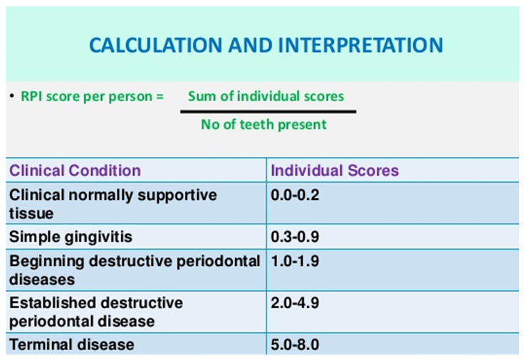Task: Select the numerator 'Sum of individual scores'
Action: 266,96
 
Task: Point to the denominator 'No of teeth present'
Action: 263,125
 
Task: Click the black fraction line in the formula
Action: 268,111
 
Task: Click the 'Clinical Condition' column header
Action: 75,171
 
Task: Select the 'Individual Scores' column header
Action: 335,171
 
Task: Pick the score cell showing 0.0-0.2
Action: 295,194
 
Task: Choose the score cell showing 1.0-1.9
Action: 295,261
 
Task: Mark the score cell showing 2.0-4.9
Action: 295,302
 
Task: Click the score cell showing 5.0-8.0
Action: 295,344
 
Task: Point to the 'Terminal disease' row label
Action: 71,344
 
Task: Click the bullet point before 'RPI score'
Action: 12,96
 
